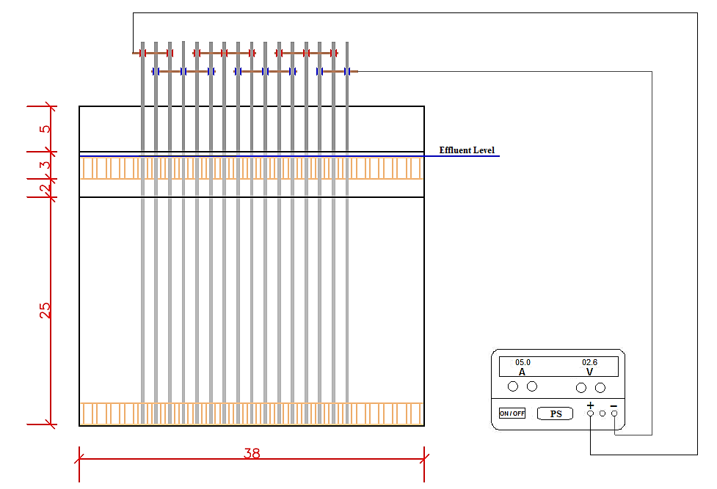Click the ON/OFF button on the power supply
point(512,413)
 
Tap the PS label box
point(555,413)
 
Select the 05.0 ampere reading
point(523,362)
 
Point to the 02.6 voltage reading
point(589,362)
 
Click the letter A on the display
point(523,372)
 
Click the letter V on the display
point(590,372)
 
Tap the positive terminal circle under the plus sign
point(590,413)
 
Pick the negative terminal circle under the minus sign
point(614,413)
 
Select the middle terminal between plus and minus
point(603,413)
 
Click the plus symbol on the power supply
point(590,405)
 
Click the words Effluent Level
point(467,150)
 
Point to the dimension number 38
point(252,453)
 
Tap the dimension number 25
point(46,310)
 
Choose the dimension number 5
point(45,129)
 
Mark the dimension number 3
point(46,165)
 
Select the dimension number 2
point(44,188)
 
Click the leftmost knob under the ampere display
point(513,386)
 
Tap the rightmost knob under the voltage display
point(600,388)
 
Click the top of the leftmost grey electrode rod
point(142,43)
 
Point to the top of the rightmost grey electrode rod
point(347,43)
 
